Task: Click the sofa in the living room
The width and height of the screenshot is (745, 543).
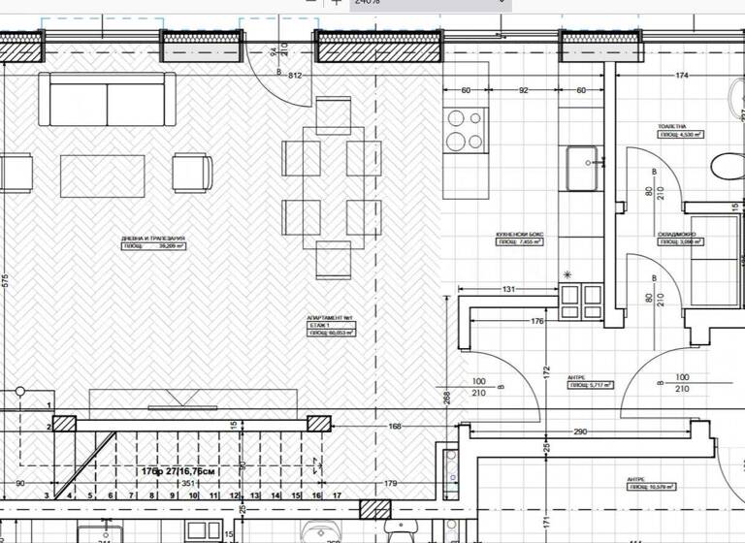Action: click(x=107, y=100)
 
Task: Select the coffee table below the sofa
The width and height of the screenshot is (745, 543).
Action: click(x=102, y=176)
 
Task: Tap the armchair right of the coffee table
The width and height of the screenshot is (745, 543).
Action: click(x=192, y=173)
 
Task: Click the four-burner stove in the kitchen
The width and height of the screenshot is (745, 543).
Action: click(x=465, y=131)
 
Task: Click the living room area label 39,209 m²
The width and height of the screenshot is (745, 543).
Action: click(x=153, y=247)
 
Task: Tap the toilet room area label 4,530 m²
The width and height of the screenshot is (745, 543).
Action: click(x=681, y=135)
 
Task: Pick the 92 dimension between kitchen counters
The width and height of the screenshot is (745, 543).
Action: click(x=523, y=91)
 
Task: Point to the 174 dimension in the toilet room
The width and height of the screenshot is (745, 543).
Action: click(x=682, y=75)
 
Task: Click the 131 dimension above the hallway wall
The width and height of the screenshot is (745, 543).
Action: click(x=507, y=288)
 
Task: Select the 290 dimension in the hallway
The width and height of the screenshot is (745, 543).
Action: click(x=579, y=431)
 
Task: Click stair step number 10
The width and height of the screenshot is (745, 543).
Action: click(x=193, y=495)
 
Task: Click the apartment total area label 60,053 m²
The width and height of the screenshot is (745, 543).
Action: click(x=331, y=333)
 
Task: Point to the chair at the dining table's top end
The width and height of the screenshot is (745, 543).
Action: click(x=333, y=114)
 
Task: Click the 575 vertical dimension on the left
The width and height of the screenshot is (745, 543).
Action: click(x=5, y=281)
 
